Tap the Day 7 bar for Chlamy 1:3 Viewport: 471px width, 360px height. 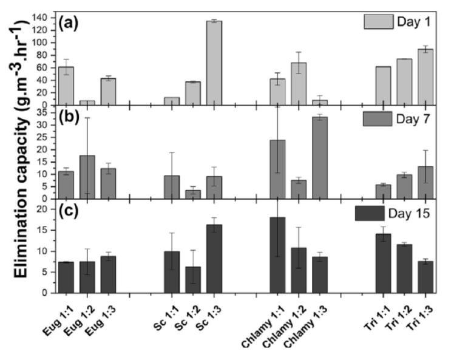pos(320,158)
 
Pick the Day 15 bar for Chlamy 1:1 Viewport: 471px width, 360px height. pos(277,255)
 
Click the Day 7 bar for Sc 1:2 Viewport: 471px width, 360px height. pos(192,194)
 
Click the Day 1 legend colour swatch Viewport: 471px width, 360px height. pos(378,22)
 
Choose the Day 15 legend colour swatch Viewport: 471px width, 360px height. pos(372,213)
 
